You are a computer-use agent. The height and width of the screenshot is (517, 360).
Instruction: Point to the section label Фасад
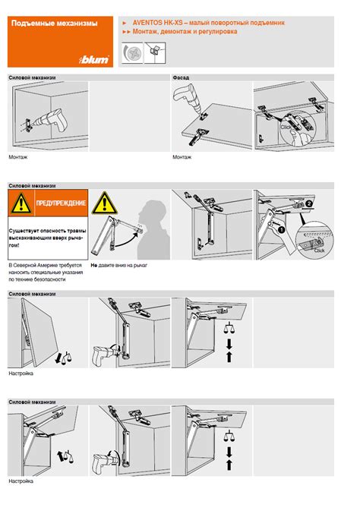pyautogui.click(x=181, y=78)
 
